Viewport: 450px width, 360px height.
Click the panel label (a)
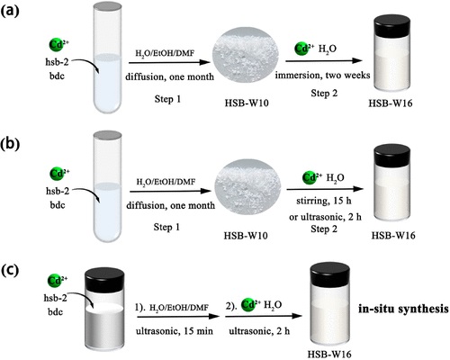10,12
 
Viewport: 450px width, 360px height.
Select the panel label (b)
10,144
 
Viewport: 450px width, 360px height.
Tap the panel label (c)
10,270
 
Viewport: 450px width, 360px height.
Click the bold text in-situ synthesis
403,309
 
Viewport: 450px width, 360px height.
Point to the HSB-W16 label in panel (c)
329,354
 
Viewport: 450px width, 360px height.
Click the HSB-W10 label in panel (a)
247,103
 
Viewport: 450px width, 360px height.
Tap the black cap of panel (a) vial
391,23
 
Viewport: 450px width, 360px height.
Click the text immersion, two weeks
322,75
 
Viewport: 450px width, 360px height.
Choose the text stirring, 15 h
324,201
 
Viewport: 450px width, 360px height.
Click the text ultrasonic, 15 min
175,331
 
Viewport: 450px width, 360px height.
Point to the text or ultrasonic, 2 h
325,217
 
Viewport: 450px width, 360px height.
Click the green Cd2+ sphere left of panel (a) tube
57,45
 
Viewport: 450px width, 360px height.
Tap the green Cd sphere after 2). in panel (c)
249,305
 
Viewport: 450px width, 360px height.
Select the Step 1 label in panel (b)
166,227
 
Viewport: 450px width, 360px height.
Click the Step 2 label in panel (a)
324,94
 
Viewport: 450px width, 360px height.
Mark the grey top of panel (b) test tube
108,134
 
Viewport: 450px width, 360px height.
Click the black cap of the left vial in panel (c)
104,278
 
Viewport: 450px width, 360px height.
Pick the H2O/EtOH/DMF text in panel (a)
165,54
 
